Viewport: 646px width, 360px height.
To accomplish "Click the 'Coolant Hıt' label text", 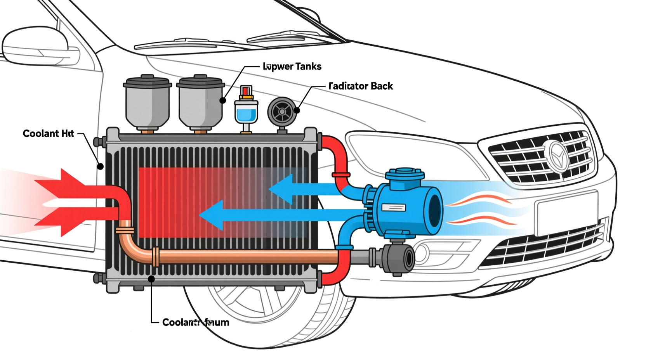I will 48,134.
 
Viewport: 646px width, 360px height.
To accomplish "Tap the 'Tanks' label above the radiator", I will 292,67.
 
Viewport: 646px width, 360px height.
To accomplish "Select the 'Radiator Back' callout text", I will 361,86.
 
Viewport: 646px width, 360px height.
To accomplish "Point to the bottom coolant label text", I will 195,322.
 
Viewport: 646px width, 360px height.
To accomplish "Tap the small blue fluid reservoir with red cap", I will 246,110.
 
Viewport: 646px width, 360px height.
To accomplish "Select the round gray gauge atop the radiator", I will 282,112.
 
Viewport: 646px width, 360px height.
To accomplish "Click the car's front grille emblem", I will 557,156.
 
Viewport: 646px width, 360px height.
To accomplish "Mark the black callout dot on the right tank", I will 223,100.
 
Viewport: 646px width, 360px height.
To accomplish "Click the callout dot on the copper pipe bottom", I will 151,279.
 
